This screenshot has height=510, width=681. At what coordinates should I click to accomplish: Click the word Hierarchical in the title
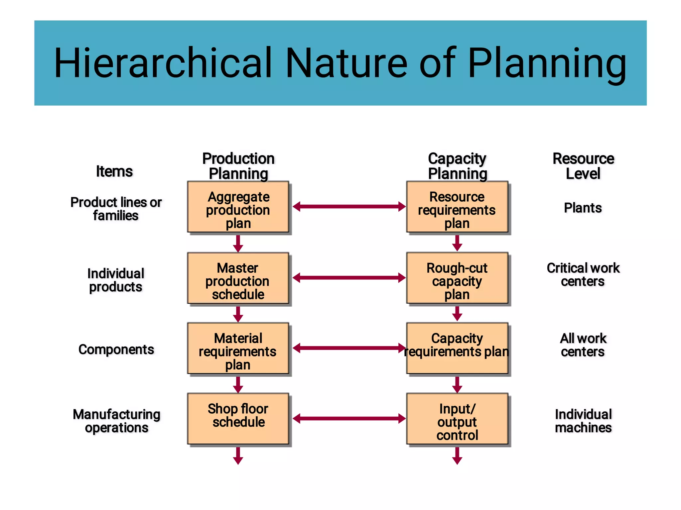(x=163, y=63)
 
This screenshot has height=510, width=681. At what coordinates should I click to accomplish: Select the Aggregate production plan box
(x=238, y=207)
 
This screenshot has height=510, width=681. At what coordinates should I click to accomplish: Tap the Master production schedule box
(x=238, y=278)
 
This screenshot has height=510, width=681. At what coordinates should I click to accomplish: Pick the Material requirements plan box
(x=238, y=348)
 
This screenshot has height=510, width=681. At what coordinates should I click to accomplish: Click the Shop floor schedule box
(x=238, y=419)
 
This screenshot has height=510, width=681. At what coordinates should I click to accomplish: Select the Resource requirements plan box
(x=457, y=207)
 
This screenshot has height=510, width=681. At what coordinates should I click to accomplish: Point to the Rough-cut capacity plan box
(x=457, y=278)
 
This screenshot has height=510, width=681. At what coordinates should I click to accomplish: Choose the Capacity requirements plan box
(x=457, y=348)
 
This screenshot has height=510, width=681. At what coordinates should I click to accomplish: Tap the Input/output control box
(x=457, y=419)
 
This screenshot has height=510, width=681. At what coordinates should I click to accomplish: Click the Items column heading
(x=114, y=171)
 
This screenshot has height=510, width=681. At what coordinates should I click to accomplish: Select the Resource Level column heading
(x=583, y=166)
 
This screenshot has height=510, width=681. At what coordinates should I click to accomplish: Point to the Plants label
(x=583, y=208)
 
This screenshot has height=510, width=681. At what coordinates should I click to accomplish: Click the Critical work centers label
(x=583, y=274)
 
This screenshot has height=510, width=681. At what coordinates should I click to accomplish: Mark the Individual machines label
(x=583, y=421)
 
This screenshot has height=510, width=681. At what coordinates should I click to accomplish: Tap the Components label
(x=116, y=350)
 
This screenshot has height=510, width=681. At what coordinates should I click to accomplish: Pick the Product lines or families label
(x=116, y=209)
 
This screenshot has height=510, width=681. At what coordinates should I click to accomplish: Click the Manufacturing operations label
(x=116, y=421)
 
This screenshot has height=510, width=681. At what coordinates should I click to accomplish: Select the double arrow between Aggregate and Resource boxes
(x=349, y=207)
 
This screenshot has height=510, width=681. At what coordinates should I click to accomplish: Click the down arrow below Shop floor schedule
(x=238, y=456)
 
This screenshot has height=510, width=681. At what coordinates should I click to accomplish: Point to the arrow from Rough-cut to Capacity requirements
(x=457, y=314)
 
